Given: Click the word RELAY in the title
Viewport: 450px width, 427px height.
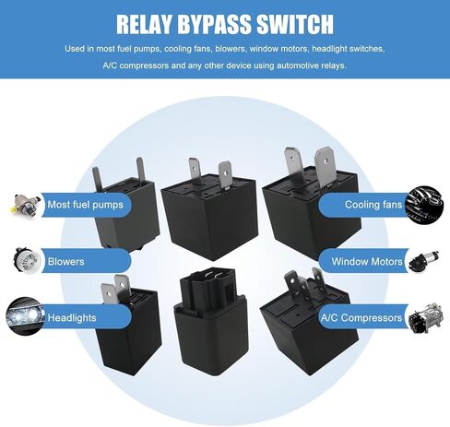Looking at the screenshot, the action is [x=144, y=24].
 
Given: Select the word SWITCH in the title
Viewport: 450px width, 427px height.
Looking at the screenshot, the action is [x=295, y=24].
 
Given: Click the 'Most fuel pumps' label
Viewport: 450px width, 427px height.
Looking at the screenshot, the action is [x=85, y=205].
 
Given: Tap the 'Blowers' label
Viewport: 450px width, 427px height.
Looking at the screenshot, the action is [x=65, y=262].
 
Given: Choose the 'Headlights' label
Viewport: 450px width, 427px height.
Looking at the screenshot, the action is [x=72, y=317].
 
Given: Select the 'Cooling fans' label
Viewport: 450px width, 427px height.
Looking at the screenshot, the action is [x=373, y=205].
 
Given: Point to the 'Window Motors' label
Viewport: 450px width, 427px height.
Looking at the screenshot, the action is [x=367, y=262].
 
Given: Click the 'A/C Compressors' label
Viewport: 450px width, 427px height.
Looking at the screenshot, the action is [x=361, y=317].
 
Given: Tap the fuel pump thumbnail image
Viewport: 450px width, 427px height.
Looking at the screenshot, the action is [x=25, y=206].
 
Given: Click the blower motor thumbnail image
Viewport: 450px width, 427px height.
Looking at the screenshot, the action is [x=27, y=261].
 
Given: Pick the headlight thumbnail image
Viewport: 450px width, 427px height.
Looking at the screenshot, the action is [x=25, y=315].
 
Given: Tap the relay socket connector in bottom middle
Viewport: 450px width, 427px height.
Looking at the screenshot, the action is [x=211, y=320].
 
